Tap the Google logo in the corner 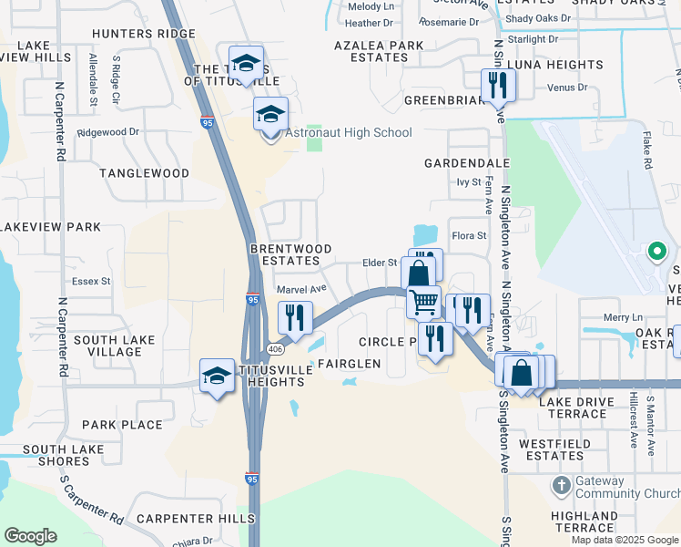tap(30, 535)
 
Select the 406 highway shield tap(274, 350)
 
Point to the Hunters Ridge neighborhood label tap(144, 34)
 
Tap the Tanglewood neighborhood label tap(144, 173)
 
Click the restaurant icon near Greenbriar tap(498, 85)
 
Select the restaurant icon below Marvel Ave tap(295, 318)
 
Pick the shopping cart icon tap(423, 301)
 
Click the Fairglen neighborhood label tap(348, 364)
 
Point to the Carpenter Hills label tap(196, 519)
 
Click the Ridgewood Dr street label tap(108, 131)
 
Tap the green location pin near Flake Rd tap(656, 251)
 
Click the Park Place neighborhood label tap(122, 425)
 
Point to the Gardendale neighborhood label tap(467, 163)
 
